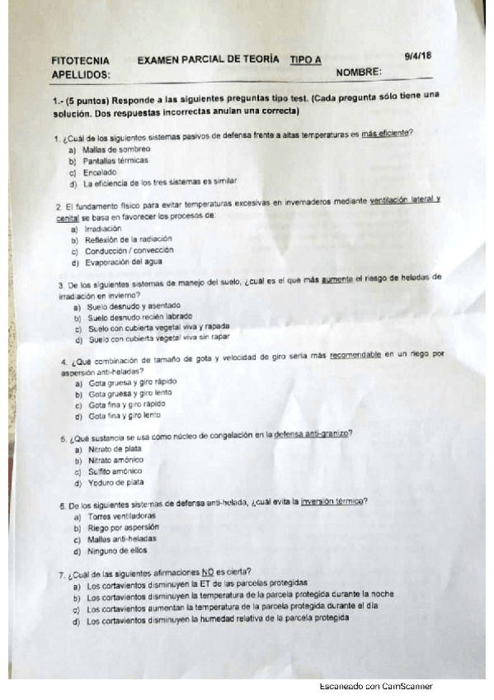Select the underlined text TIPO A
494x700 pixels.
coord(306,59)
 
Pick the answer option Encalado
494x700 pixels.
coord(100,172)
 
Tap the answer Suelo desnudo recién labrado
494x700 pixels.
coord(139,317)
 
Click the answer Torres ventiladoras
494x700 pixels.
coord(120,516)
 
